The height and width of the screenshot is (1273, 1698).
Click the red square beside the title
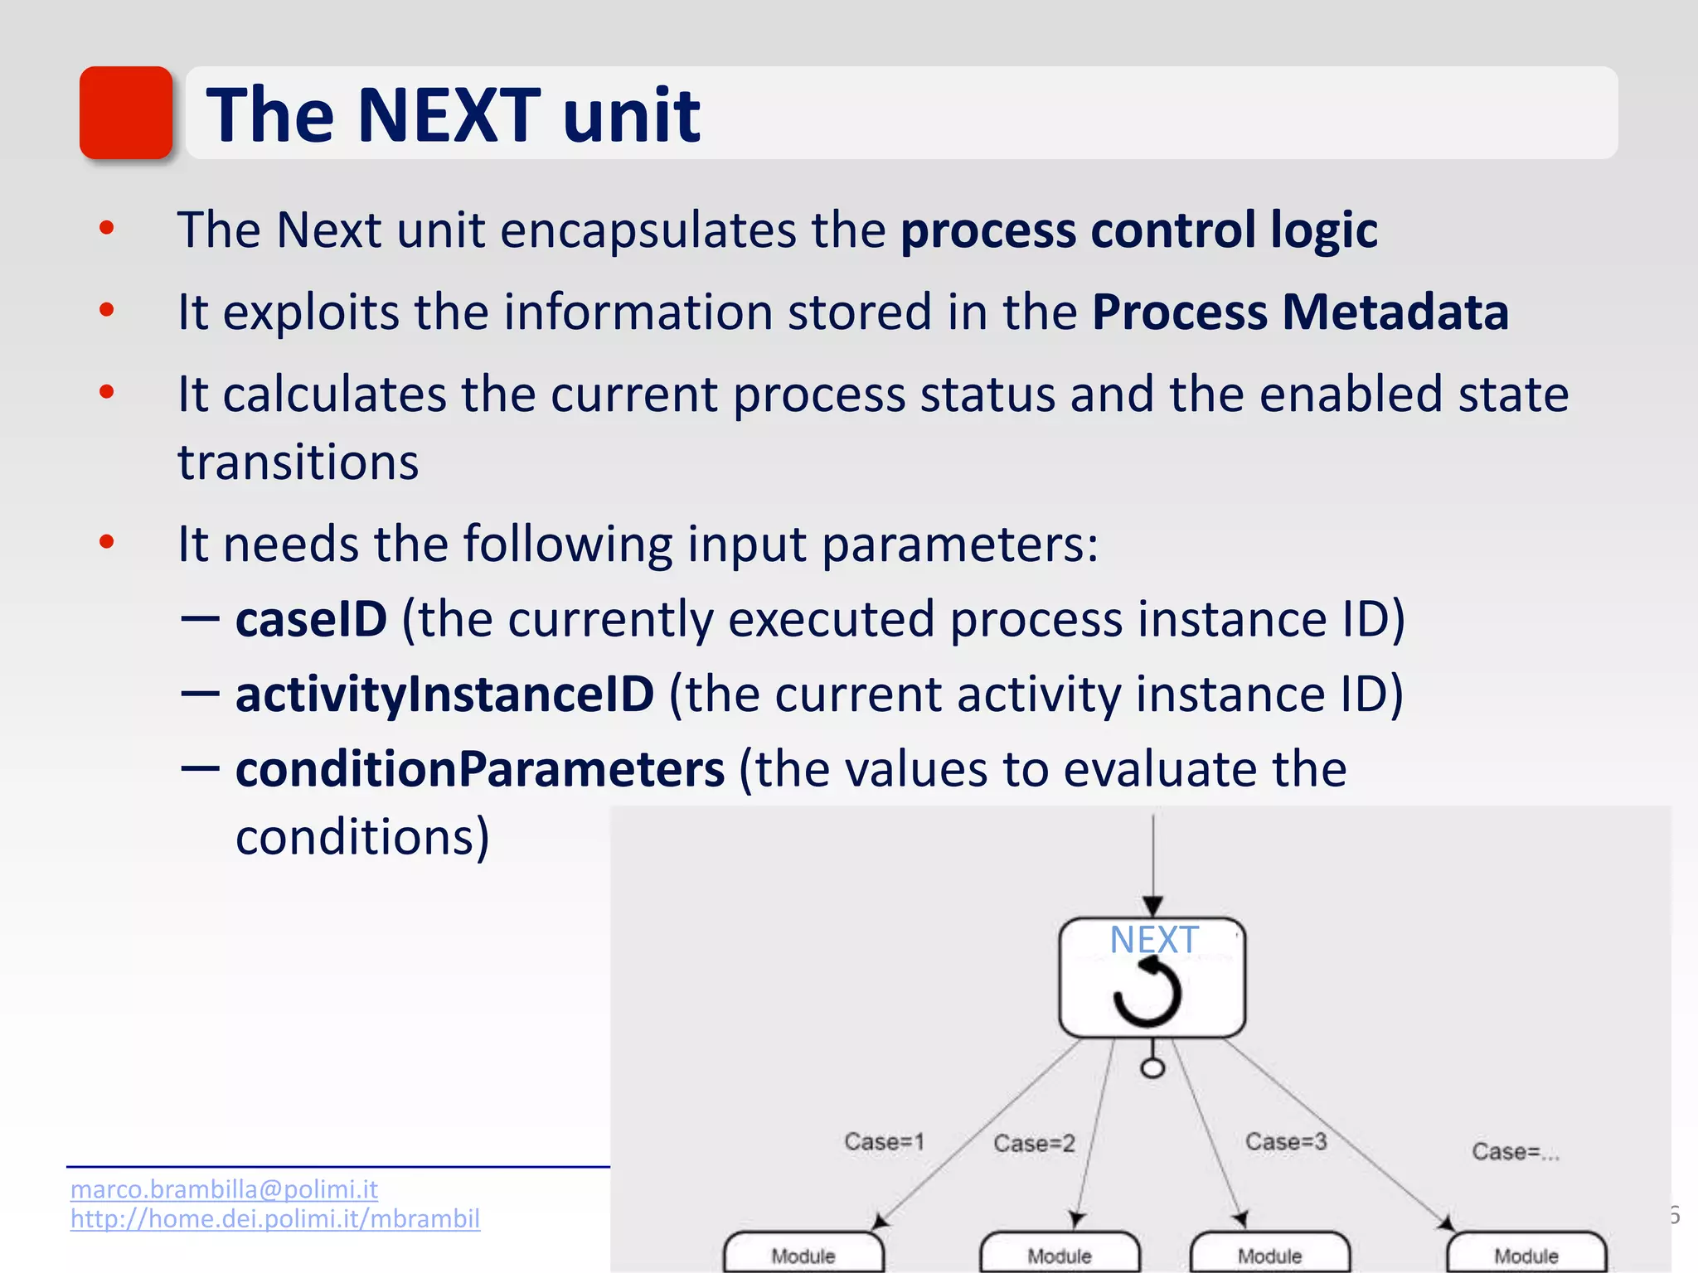[x=126, y=113]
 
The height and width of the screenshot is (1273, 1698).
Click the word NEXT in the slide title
[x=449, y=115]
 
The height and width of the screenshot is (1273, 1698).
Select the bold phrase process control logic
[x=1138, y=230]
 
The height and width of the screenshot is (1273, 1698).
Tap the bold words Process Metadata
[x=1299, y=312]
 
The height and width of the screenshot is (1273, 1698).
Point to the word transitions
[x=298, y=462]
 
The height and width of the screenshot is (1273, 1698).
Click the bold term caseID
[x=311, y=619]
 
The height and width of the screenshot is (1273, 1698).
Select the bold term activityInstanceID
[x=444, y=695]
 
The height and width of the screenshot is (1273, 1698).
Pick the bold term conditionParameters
[x=480, y=769]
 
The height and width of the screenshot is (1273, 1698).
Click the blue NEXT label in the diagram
[x=1153, y=940]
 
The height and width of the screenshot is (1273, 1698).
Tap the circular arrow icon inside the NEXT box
[x=1147, y=992]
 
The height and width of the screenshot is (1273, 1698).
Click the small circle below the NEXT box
[x=1152, y=1067]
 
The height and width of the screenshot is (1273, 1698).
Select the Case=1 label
[x=884, y=1142]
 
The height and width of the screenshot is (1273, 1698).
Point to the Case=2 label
[x=1034, y=1144]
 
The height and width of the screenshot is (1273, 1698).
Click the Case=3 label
[x=1286, y=1142]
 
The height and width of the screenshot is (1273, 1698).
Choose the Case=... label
[x=1515, y=1152]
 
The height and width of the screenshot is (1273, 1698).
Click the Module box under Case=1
[x=803, y=1254]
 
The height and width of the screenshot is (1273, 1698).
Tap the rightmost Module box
[x=1526, y=1254]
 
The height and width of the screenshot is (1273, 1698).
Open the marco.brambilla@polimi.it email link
[x=224, y=1189]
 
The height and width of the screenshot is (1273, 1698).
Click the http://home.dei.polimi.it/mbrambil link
[x=274, y=1219]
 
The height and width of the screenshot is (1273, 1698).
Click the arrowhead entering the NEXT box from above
[x=1152, y=906]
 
